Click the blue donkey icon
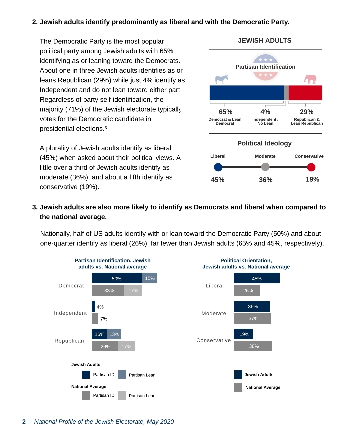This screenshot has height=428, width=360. coord(221,79)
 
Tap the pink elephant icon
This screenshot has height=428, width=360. coord(310,79)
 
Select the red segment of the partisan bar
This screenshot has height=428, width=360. coord(305,93)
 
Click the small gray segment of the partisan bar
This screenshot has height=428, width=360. coord(286,93)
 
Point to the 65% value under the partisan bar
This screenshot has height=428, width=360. coord(226,112)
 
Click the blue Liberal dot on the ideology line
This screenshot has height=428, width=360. coord(218,167)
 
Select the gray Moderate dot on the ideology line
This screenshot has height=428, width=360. coord(265,167)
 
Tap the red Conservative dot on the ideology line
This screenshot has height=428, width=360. coord(311,167)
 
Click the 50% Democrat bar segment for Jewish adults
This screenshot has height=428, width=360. coord(117,278)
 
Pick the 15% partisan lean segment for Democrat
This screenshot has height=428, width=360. coord(149,278)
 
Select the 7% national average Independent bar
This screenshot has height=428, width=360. coord(95,319)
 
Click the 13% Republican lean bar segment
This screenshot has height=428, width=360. coord(114,334)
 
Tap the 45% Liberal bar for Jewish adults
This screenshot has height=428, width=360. coord(257,278)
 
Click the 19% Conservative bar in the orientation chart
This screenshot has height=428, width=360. coord(244,334)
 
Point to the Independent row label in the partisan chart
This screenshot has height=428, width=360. coord(70,313)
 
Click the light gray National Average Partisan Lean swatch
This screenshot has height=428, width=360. coord(122,396)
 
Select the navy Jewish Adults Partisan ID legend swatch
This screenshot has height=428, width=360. coord(86,375)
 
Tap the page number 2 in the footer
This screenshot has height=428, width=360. coord(24,422)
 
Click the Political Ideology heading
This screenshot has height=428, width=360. coord(264,143)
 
